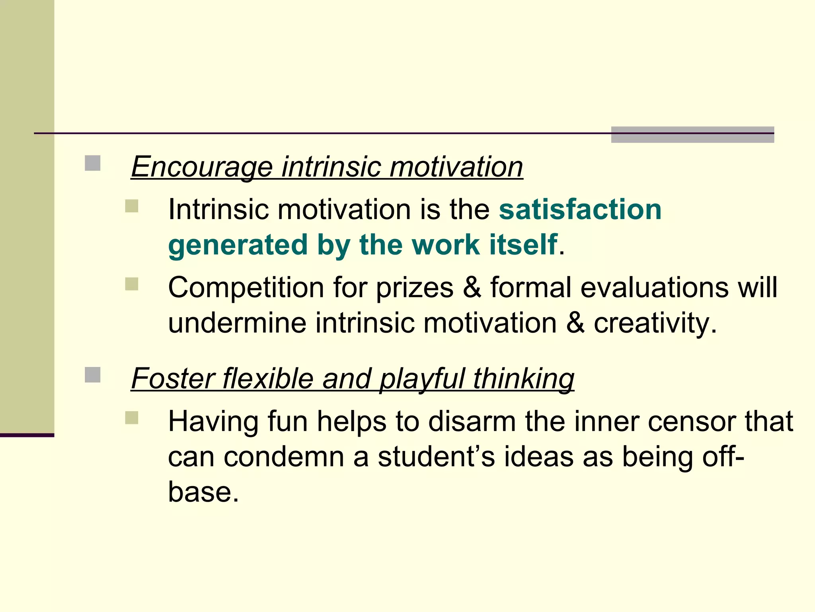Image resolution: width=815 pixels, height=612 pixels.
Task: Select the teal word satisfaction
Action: [580, 209]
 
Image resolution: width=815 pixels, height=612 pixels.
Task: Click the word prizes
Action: [414, 288]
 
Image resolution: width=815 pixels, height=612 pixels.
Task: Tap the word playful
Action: [422, 379]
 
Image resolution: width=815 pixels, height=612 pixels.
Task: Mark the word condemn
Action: [283, 457]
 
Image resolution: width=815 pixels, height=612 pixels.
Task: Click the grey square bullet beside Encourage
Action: [92, 163]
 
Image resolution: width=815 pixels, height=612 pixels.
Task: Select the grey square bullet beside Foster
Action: [92, 375]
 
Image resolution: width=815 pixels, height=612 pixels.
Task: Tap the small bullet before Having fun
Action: [131, 418]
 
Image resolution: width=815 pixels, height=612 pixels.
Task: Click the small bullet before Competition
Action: [131, 284]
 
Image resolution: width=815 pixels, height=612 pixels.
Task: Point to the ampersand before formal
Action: [472, 287]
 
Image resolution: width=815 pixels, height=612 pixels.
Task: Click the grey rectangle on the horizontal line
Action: [692, 135]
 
